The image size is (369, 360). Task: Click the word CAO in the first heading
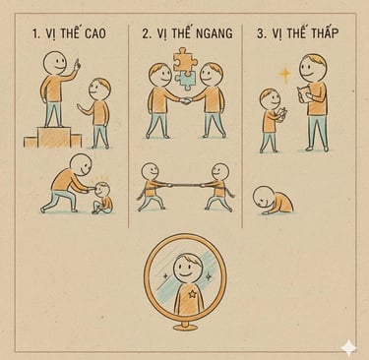[x=95, y=33]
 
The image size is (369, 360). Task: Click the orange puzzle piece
[x=184, y=60]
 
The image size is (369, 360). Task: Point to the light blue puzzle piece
[x=184, y=81]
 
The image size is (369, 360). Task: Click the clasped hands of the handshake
[x=186, y=101]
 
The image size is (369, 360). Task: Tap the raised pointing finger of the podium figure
[x=77, y=62]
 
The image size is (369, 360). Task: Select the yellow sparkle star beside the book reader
[x=285, y=76]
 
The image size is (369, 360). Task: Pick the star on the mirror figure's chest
[x=191, y=294]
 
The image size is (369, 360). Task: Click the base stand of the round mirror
[x=185, y=326]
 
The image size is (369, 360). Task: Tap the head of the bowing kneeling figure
[x=263, y=196]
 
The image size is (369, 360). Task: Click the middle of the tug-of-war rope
[x=185, y=185]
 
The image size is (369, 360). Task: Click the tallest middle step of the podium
[x=54, y=137]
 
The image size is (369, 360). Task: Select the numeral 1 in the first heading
[x=35, y=34]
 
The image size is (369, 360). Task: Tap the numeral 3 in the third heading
[x=261, y=33]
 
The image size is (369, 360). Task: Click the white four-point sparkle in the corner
[x=348, y=348]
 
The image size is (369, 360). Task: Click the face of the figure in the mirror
[x=186, y=268]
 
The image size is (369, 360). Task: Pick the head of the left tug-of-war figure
[x=151, y=171]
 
